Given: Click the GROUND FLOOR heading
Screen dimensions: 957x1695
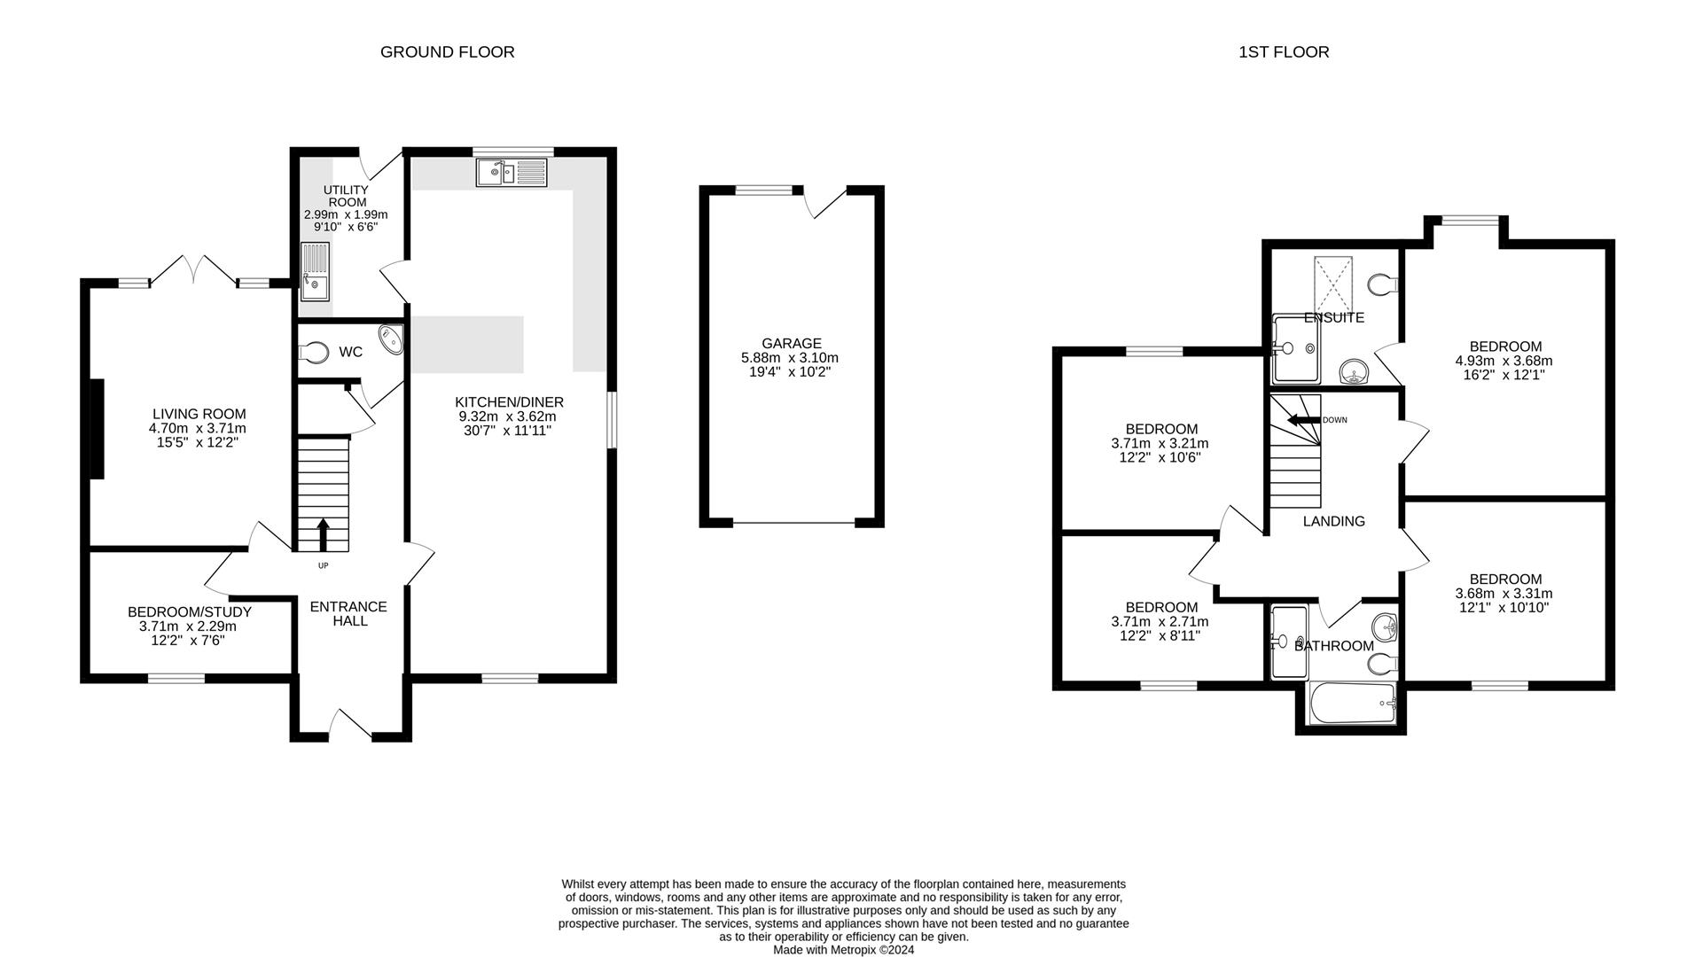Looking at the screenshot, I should (447, 52).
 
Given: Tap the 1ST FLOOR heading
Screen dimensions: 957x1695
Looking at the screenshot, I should (1283, 52).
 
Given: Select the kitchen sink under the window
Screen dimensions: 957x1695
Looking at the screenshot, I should (512, 172).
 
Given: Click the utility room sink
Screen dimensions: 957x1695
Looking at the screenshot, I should (315, 273).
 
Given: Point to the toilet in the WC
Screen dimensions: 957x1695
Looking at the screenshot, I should (313, 352).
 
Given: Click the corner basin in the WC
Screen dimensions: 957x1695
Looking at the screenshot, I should (391, 339).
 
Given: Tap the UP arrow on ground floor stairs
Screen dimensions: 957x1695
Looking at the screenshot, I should (323, 534).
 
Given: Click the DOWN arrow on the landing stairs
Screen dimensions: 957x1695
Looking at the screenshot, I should (1301, 420).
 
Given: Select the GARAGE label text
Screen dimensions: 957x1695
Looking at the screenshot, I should (791, 344).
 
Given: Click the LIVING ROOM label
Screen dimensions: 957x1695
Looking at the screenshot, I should (199, 414).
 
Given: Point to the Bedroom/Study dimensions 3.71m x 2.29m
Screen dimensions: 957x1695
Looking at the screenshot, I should (188, 626).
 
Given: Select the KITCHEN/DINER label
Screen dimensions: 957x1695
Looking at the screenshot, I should (509, 402).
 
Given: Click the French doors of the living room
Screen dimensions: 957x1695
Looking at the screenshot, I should (194, 270).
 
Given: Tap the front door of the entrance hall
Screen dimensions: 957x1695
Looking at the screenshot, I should (349, 723).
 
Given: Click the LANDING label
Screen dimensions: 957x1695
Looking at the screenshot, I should (1332, 522).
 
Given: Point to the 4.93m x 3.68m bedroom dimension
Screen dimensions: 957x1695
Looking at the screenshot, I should (1504, 361).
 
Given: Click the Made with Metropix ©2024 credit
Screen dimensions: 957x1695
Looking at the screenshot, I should (842, 950).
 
